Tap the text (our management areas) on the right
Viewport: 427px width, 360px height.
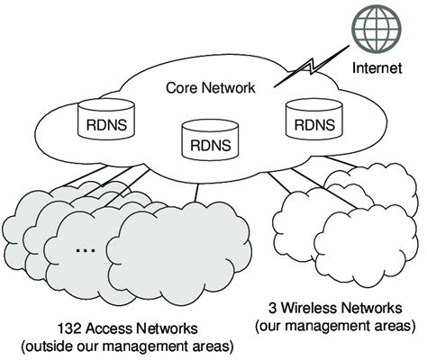point(335,324)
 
